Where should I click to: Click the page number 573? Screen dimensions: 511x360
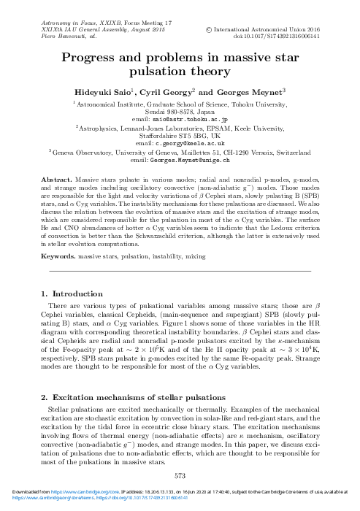pyautogui.click(x=180, y=474)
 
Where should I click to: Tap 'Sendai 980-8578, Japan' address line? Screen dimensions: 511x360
pyautogui.click(x=180, y=111)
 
